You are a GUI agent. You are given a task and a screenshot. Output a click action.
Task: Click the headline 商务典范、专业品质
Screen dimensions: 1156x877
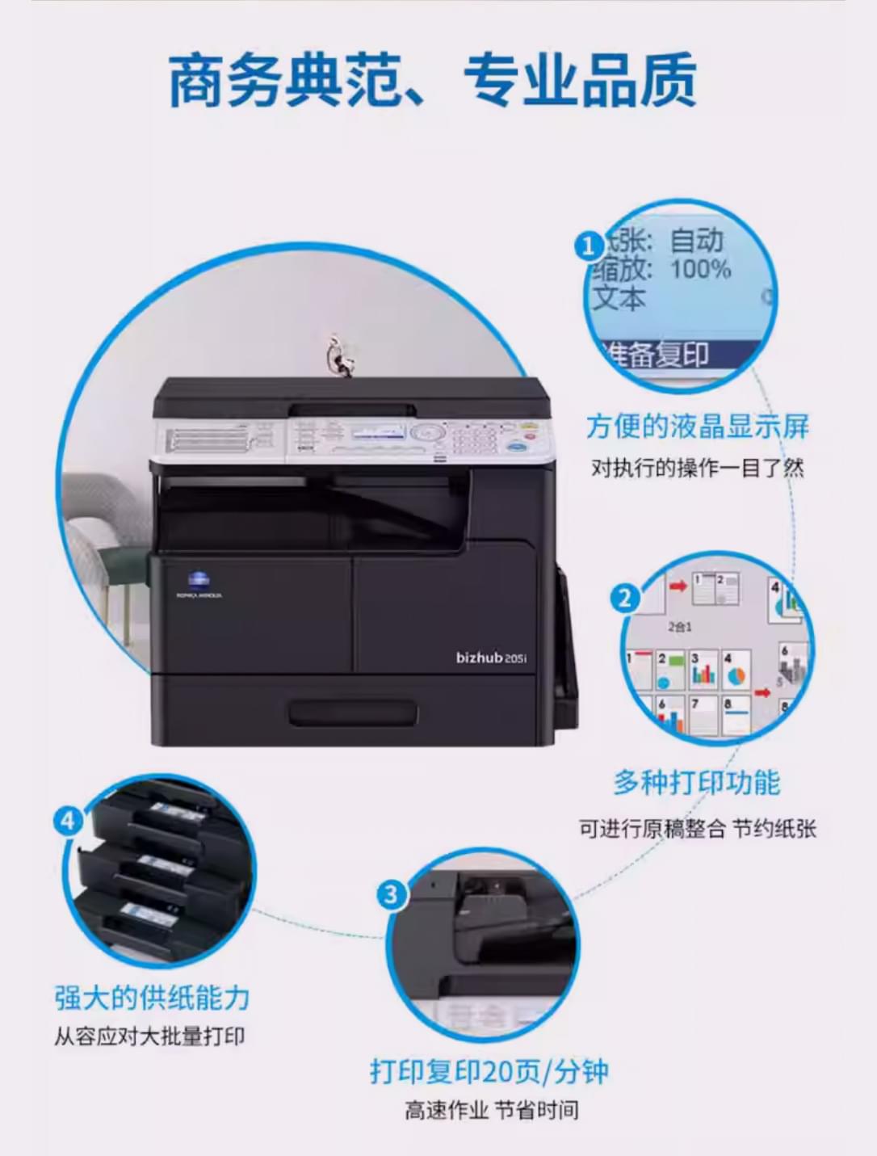tap(433, 81)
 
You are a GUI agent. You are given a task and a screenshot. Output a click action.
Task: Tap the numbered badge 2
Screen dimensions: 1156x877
tap(624, 599)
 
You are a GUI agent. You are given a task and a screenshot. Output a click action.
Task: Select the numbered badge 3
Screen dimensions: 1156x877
tap(392, 894)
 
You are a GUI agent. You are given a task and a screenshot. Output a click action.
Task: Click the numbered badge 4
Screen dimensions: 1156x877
tap(68, 821)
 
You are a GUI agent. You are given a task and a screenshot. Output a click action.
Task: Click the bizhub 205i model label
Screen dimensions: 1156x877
tap(490, 658)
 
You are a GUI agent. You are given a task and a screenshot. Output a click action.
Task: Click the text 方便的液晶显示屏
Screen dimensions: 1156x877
tap(697, 427)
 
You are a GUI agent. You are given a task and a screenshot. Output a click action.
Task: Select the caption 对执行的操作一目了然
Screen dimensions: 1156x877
tap(697, 468)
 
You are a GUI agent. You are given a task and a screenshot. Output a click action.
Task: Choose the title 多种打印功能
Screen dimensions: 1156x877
tap(696, 783)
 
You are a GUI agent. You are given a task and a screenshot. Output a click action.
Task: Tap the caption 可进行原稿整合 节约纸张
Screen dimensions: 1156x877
tap(697, 828)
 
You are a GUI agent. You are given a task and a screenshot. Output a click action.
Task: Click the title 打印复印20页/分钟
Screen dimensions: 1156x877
tap(489, 1071)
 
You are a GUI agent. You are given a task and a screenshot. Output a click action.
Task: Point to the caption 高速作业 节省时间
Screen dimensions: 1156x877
tap(491, 1111)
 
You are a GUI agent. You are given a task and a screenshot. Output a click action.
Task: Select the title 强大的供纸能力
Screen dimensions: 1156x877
tap(152, 998)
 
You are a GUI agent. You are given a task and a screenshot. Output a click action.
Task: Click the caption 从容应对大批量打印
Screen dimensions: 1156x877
tap(149, 1036)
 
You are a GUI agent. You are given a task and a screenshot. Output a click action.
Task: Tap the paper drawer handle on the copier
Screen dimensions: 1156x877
tap(353, 713)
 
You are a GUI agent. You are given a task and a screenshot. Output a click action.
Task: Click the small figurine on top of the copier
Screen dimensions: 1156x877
tap(338, 355)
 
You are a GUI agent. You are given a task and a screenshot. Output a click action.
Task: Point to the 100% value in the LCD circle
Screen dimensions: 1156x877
tap(700, 269)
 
